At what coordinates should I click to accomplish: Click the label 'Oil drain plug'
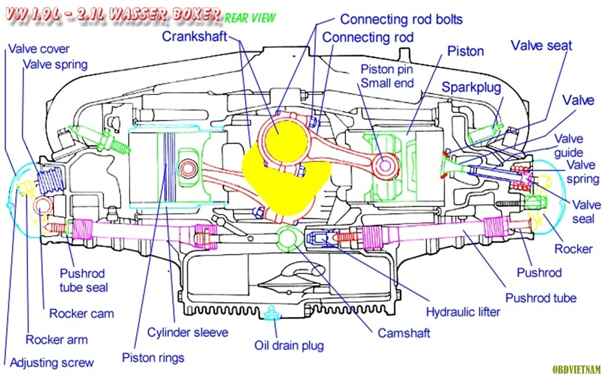tap(289, 345)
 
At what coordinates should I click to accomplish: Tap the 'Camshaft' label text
tap(404, 333)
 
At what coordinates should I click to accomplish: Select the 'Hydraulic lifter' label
tap(463, 312)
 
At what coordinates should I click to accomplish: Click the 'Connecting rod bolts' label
tap(401, 19)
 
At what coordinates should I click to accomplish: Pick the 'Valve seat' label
tap(541, 45)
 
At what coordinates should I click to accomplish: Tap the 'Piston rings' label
tap(153, 357)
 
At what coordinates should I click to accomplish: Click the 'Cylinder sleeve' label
tap(187, 332)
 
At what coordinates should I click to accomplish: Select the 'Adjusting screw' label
tap(51, 362)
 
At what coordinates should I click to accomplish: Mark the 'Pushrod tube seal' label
tap(84, 280)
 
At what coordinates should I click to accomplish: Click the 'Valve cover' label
tap(39, 49)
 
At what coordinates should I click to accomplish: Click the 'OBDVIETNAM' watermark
tap(576, 370)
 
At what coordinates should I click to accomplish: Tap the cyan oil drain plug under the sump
tap(270, 313)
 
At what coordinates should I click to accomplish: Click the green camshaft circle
tap(289, 239)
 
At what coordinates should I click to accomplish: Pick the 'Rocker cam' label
tap(81, 314)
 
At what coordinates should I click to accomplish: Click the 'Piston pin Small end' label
tap(387, 76)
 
